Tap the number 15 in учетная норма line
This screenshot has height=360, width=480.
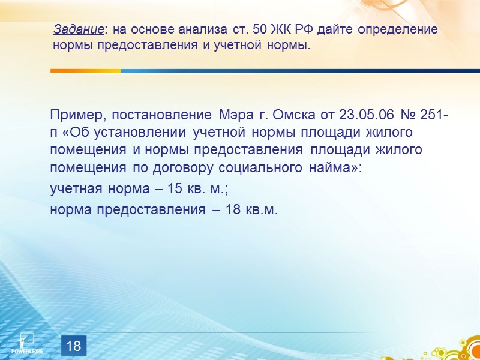(x=175, y=189)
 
